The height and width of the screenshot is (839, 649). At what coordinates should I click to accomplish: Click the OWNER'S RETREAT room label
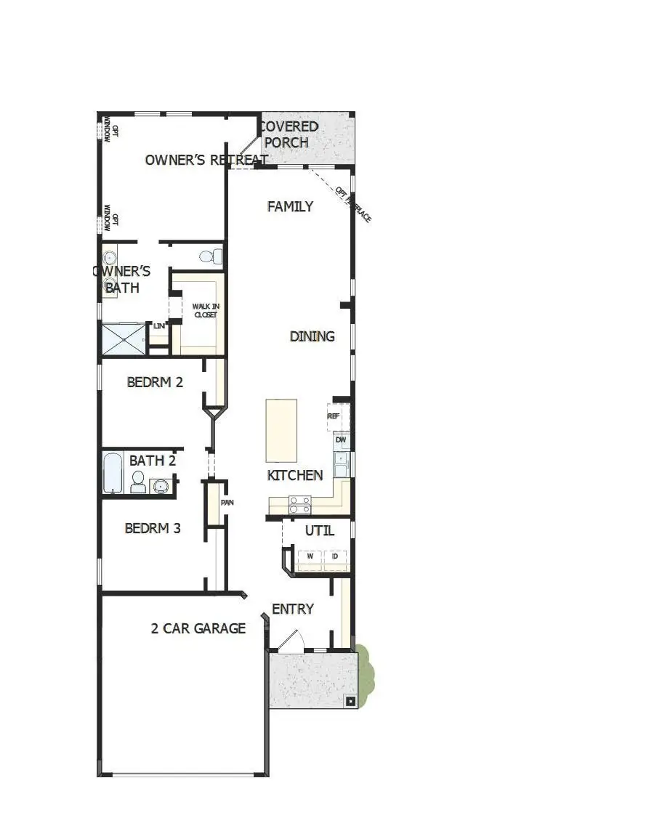[206, 160]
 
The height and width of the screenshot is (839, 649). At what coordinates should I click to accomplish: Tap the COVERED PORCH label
[289, 134]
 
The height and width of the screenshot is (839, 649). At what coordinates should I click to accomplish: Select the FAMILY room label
[290, 206]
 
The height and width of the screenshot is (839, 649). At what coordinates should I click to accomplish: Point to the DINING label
[312, 336]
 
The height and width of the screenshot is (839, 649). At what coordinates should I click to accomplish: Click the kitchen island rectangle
[281, 430]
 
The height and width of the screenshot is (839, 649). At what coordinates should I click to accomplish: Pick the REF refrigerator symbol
[335, 416]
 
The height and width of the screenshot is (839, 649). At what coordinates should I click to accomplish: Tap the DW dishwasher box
[341, 440]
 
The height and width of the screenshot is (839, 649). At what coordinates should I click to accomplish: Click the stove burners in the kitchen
[300, 504]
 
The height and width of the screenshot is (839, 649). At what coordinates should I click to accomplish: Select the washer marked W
[310, 556]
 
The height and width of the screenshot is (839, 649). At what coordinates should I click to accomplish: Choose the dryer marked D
[335, 556]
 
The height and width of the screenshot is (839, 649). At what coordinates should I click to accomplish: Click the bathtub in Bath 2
[113, 473]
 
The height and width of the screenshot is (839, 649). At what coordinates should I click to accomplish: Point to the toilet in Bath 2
[137, 482]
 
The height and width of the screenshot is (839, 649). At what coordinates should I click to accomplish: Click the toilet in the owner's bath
[210, 256]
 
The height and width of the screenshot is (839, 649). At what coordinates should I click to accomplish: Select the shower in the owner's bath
[123, 339]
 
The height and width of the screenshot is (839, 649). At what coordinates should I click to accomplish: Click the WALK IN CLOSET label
[205, 311]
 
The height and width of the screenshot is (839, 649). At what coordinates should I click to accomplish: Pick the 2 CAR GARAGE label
[198, 628]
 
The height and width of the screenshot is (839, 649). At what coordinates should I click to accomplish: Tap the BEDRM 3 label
[153, 528]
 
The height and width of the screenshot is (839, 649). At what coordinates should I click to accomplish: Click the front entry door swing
[289, 641]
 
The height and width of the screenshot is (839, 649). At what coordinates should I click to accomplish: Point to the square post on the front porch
[350, 701]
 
